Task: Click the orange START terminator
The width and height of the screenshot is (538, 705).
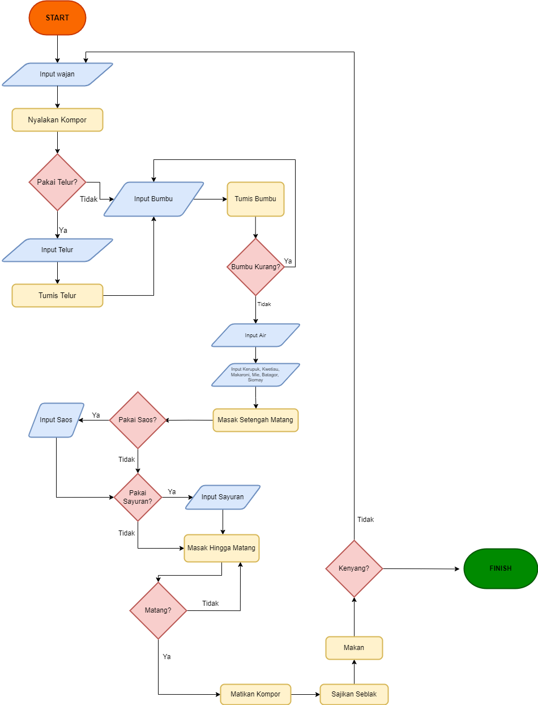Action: (57, 18)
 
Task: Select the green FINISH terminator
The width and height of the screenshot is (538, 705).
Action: (500, 568)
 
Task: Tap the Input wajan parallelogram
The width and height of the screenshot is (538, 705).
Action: (57, 74)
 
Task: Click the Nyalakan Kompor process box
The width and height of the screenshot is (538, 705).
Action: (57, 120)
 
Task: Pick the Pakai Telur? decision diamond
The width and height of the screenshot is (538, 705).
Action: (57, 182)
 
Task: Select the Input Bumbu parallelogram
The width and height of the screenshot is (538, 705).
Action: (153, 199)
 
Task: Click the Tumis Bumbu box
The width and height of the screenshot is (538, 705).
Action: (255, 199)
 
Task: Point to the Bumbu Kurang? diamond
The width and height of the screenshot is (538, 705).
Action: (255, 267)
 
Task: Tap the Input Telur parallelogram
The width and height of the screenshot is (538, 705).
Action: (57, 250)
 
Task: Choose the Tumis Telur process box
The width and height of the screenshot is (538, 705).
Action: (57, 295)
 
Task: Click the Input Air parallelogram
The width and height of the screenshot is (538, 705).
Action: (255, 335)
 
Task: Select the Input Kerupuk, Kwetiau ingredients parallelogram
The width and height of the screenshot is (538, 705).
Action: (255, 375)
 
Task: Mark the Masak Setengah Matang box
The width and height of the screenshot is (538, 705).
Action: (255, 420)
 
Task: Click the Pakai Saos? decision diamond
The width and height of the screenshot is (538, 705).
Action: (138, 420)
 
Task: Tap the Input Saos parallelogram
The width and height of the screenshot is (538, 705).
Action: (56, 420)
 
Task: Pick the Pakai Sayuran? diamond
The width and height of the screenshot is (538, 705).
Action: (138, 497)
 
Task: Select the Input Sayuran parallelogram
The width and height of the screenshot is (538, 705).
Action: (223, 497)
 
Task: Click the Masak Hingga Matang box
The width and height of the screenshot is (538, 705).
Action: (221, 548)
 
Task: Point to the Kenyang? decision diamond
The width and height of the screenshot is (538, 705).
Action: (354, 568)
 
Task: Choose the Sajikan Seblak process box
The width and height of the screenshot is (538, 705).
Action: (354, 694)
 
